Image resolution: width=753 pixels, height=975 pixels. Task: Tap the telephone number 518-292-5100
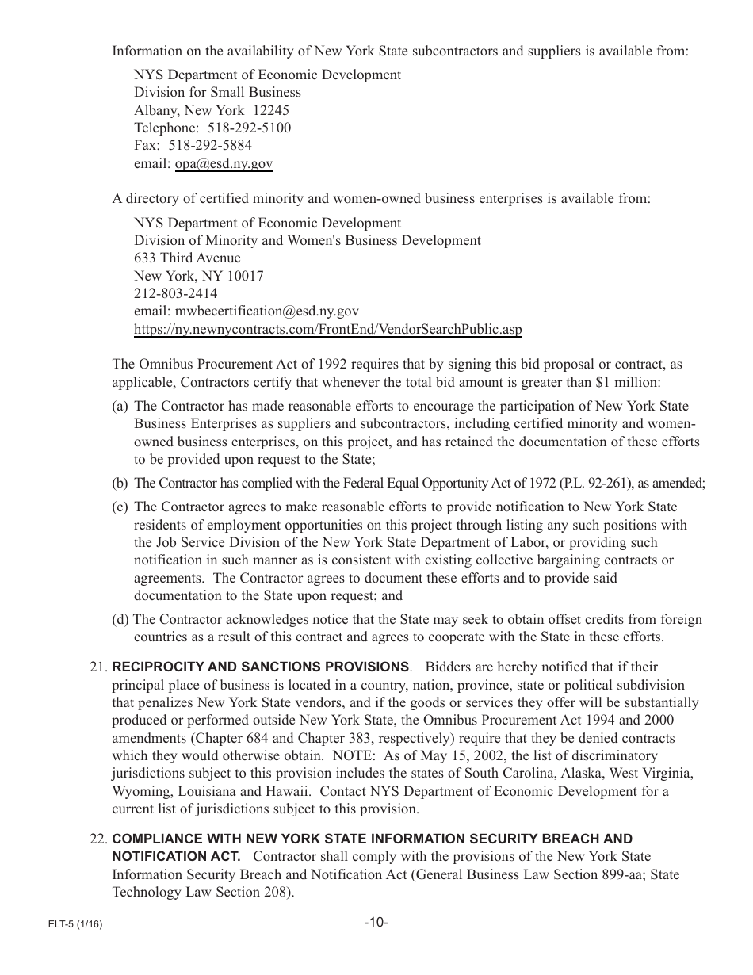click(x=249, y=128)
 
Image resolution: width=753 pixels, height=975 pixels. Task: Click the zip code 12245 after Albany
click(x=270, y=110)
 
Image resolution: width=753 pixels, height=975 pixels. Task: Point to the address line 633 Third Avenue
click(x=187, y=258)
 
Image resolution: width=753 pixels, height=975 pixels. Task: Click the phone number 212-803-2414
click(x=175, y=293)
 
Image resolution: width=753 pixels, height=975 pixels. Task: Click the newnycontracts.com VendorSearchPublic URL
click(x=327, y=329)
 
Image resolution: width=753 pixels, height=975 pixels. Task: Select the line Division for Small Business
click(x=217, y=92)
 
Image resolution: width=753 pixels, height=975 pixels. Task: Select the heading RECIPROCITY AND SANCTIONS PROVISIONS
click(x=261, y=667)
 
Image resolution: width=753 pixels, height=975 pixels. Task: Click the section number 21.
click(x=99, y=667)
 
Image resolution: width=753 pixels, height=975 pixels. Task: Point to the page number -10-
click(x=376, y=922)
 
